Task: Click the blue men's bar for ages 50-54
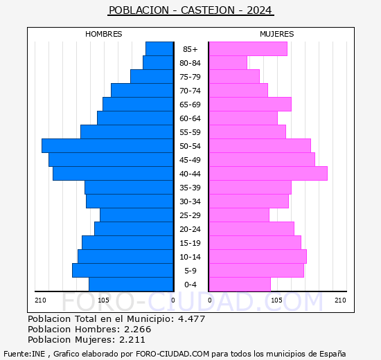(107, 146)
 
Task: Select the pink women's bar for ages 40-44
(268, 174)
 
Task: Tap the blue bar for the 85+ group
(159, 49)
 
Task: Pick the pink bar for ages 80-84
(228, 63)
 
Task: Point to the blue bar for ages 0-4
(131, 285)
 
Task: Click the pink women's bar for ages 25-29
(240, 215)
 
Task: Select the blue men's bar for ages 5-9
(123, 271)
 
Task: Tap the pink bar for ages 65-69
(250, 105)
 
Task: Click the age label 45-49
(190, 160)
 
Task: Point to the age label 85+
(190, 49)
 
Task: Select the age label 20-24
(190, 229)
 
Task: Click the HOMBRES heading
(104, 34)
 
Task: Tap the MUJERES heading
(277, 34)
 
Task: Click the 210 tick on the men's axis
(40, 300)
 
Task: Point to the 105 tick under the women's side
(277, 300)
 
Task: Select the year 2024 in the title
(259, 10)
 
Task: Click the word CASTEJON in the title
(208, 10)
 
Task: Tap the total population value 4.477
(192, 318)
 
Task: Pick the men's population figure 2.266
(138, 329)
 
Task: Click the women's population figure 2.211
(132, 340)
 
